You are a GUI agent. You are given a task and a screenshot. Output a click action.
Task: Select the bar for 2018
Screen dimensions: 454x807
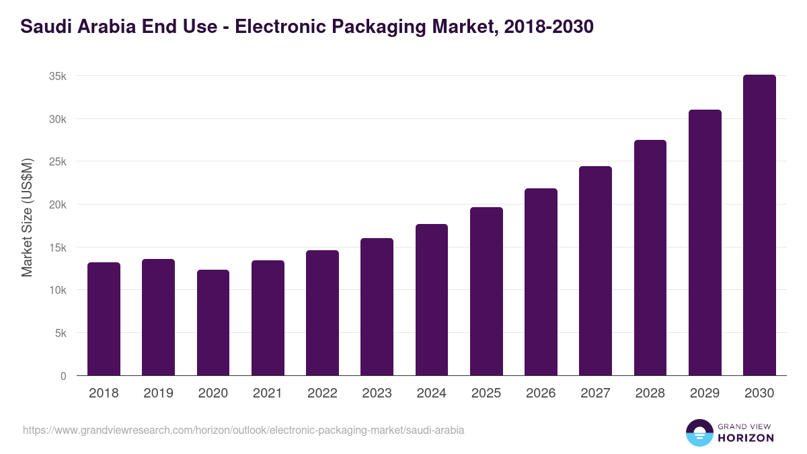pyautogui.click(x=104, y=319)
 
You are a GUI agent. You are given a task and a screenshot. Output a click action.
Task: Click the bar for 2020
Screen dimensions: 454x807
pyautogui.click(x=213, y=323)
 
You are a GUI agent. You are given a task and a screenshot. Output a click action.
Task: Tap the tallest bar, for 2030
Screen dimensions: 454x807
pyautogui.click(x=759, y=225)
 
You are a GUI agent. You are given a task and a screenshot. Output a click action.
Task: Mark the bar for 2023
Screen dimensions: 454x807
pyautogui.click(x=377, y=307)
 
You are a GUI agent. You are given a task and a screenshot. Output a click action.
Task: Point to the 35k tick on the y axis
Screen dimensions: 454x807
pyautogui.click(x=58, y=76)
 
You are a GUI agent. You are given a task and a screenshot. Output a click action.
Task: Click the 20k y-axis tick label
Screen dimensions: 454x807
pyautogui.click(x=58, y=204)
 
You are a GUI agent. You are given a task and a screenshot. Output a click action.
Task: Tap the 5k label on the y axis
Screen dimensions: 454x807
pyautogui.click(x=61, y=333)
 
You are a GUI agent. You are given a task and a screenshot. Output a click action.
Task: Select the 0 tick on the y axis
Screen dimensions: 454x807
pyautogui.click(x=63, y=376)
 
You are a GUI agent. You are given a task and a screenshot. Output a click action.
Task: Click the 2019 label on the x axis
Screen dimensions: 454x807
pyautogui.click(x=159, y=393)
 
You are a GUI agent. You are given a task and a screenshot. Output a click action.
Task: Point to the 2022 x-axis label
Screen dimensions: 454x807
pyautogui.click(x=322, y=393)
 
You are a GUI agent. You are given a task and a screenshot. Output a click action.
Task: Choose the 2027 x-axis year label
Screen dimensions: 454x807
pyautogui.click(x=595, y=393)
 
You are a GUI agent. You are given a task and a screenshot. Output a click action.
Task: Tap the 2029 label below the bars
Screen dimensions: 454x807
pyautogui.click(x=705, y=393)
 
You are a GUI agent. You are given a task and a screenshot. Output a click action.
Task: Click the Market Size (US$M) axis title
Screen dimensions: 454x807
pyautogui.click(x=27, y=217)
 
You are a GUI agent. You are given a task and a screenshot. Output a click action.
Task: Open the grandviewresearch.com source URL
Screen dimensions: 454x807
pyautogui.click(x=243, y=430)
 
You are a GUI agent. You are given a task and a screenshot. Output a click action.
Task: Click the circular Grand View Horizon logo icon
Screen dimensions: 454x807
pyautogui.click(x=699, y=432)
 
